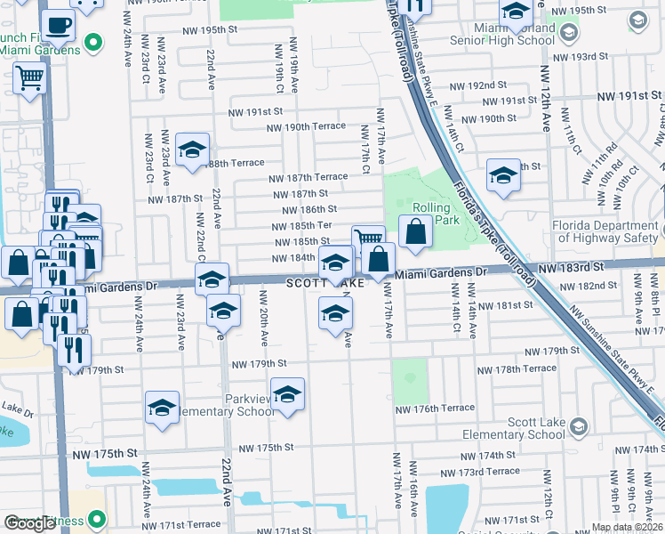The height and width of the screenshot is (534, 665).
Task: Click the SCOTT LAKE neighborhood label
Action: pyautogui.click(x=325, y=283)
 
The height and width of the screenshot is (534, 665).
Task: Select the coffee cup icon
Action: pyautogui.click(x=59, y=24)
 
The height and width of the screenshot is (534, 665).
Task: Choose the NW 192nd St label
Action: pyautogui.click(x=477, y=85)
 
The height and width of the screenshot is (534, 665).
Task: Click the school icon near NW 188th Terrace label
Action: pyautogui.click(x=191, y=150)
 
